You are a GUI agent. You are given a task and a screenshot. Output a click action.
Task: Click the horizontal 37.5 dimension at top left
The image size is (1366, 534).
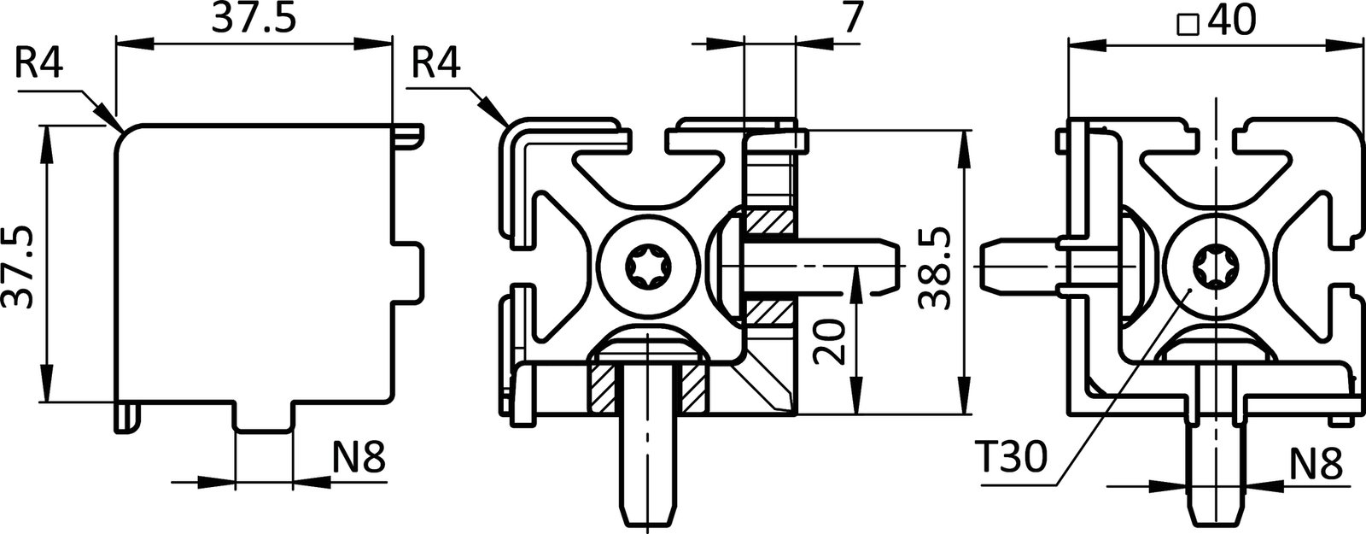pyautogui.click(x=254, y=20)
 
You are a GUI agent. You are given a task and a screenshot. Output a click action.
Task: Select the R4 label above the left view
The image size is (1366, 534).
pyautogui.click(x=39, y=64)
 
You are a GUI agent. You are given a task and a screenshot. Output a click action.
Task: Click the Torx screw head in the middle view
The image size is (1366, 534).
pyautogui.click(x=646, y=266)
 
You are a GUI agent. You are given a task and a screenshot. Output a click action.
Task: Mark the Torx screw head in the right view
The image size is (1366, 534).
pyautogui.click(x=1212, y=266)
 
